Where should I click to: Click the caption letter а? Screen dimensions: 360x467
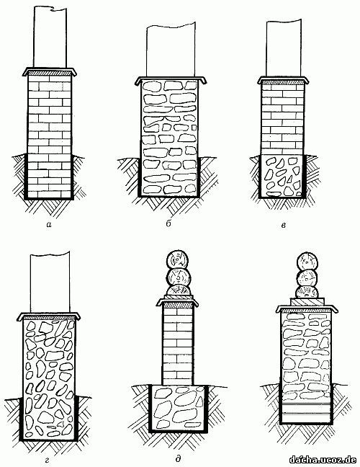(49, 225)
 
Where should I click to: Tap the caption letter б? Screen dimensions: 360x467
(168, 223)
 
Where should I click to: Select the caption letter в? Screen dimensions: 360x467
(283, 226)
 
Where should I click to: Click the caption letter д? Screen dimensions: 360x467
(178, 458)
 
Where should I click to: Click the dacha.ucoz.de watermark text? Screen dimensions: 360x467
(323, 458)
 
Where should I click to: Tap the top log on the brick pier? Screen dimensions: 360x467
(177, 260)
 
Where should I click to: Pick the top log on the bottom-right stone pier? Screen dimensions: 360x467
(307, 262)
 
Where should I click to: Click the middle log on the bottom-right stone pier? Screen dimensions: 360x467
(307, 280)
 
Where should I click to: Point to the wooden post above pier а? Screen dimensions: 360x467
(50, 37)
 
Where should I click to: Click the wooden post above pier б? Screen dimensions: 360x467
(171, 50)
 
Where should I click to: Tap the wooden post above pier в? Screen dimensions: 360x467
(284, 48)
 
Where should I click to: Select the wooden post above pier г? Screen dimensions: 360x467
(50, 283)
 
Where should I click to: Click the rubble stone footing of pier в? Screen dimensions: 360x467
(282, 177)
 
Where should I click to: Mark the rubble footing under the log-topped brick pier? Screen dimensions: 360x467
(179, 407)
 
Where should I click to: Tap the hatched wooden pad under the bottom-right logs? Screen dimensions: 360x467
(307, 302)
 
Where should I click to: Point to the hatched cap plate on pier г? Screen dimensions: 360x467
(49, 318)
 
